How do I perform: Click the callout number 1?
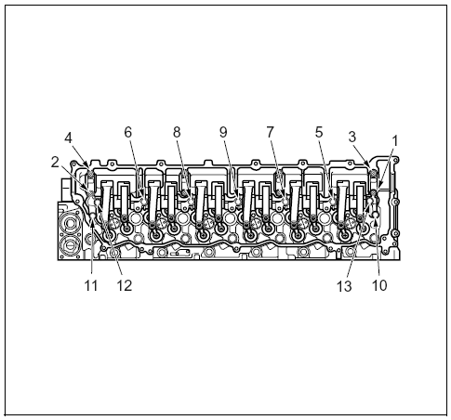[394, 141]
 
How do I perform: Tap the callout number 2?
[55, 162]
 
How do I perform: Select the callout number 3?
[352, 137]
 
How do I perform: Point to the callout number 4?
[68, 138]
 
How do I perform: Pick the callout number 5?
[319, 132]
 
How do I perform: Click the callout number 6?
[128, 132]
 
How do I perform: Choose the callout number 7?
[271, 132]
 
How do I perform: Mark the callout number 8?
[177, 132]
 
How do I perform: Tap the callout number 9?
[223, 132]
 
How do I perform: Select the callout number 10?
[379, 285]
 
